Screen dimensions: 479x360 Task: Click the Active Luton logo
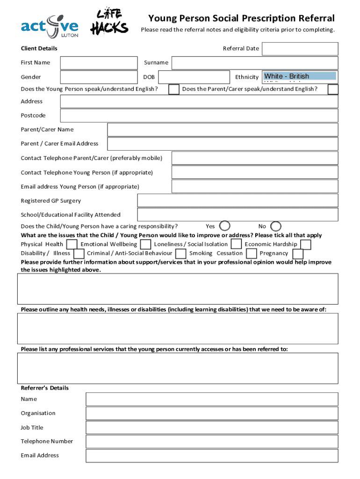click(50, 26)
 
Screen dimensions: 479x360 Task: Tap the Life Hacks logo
click(109, 22)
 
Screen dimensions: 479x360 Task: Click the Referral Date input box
click(299, 49)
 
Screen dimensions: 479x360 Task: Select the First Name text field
click(99, 63)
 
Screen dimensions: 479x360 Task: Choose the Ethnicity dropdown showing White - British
click(300, 76)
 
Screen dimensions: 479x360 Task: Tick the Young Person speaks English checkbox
click(173, 89)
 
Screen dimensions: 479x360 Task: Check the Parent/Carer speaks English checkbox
click(333, 89)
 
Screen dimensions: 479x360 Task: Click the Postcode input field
click(199, 116)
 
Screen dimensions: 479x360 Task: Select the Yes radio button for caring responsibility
click(225, 226)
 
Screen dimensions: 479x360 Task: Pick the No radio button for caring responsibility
click(276, 226)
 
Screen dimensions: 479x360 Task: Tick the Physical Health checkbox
click(72, 244)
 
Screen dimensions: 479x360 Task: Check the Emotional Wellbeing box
click(146, 244)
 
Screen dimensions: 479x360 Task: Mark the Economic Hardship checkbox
click(305, 244)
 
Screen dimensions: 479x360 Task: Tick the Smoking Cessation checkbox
click(252, 254)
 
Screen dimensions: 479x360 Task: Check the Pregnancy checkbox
click(298, 254)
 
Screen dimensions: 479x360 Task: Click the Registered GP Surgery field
click(237, 201)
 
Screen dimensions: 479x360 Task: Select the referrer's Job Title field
click(211, 428)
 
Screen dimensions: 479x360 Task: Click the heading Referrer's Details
click(45, 388)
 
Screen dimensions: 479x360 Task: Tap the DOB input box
click(193, 77)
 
